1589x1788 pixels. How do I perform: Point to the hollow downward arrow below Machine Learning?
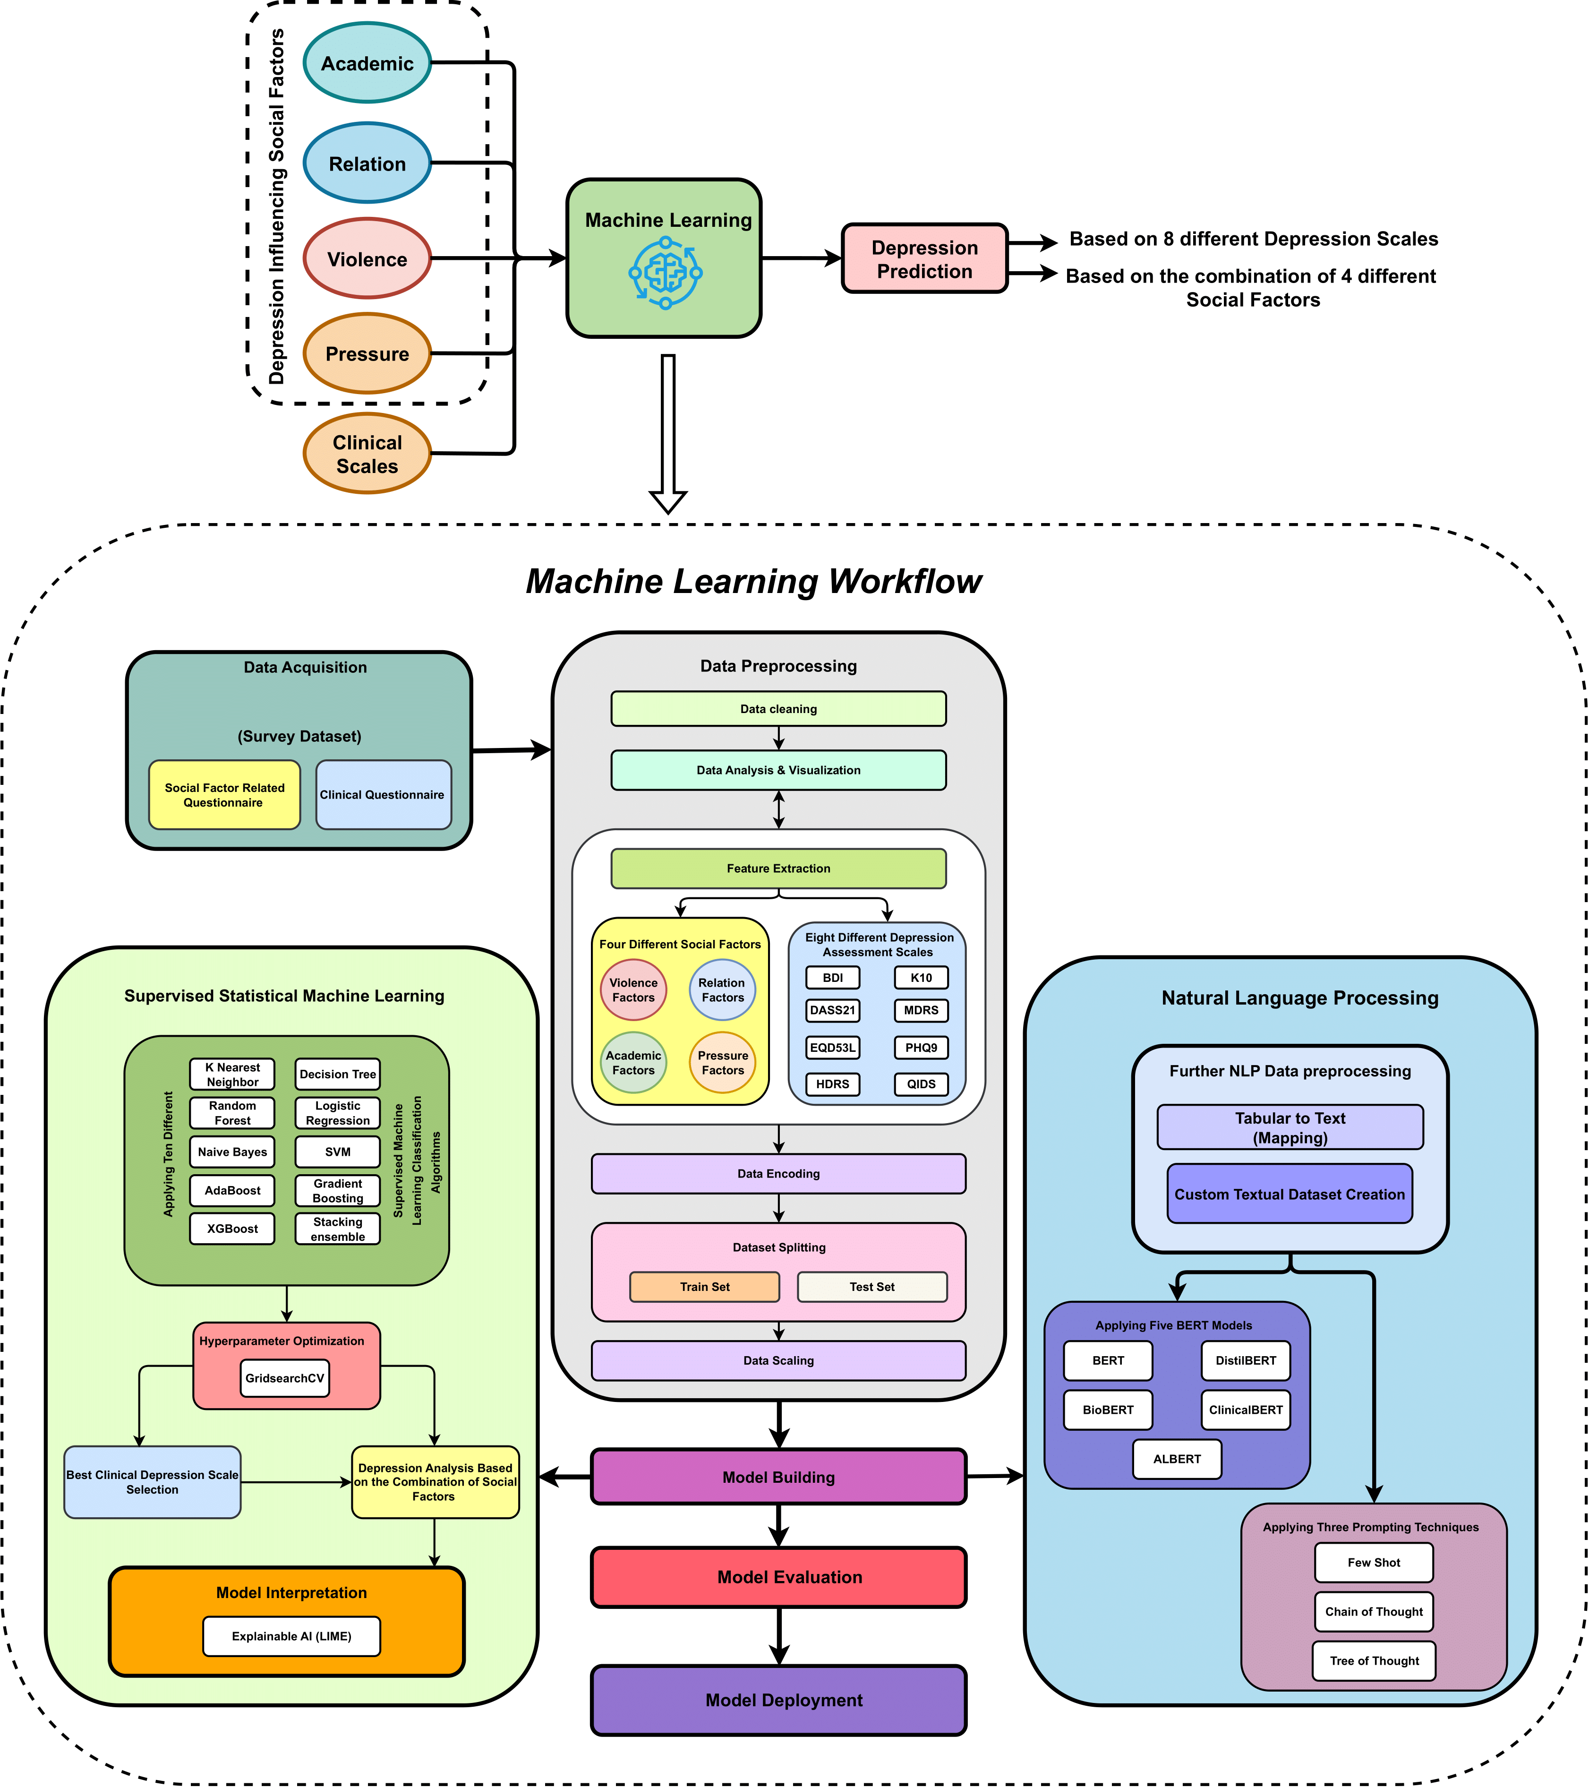[x=667, y=433]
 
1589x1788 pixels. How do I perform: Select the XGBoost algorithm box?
[x=232, y=1228]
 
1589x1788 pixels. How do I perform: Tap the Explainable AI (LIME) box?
[x=291, y=1636]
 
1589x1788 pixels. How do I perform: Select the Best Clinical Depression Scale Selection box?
[x=152, y=1482]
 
